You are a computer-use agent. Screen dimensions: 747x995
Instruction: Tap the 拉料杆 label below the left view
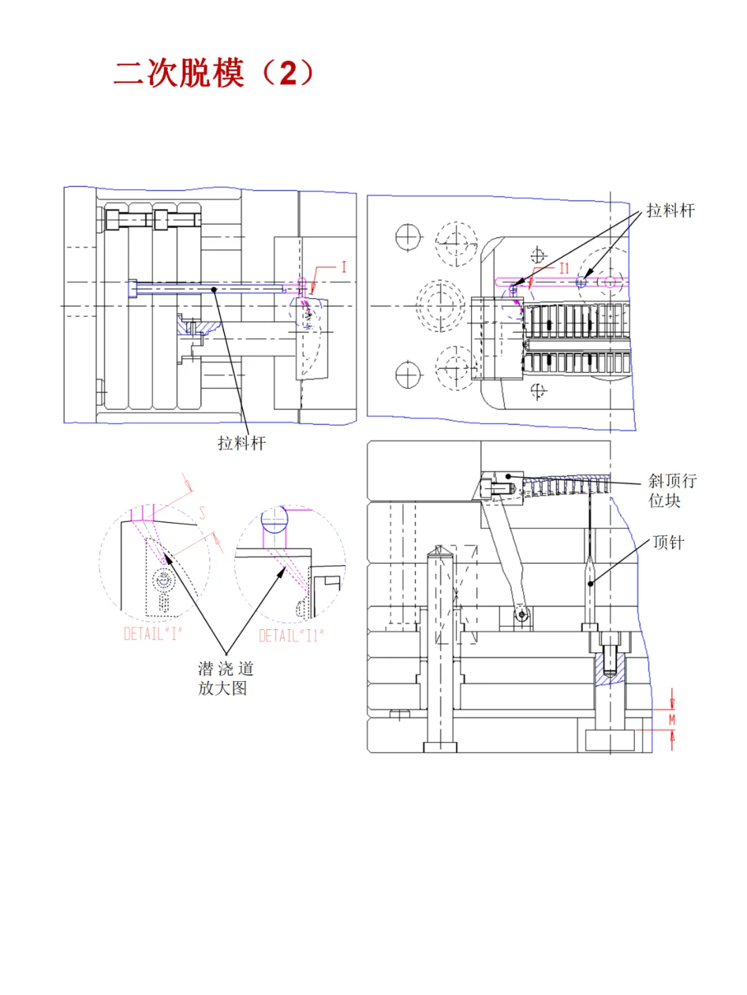click(241, 443)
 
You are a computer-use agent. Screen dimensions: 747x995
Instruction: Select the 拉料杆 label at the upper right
click(670, 210)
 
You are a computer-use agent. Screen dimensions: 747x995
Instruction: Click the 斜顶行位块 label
click(672, 490)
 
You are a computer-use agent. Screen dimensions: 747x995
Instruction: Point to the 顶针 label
click(667, 542)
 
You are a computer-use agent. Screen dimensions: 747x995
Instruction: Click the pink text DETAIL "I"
click(153, 633)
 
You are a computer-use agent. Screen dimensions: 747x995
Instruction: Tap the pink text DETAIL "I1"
click(291, 635)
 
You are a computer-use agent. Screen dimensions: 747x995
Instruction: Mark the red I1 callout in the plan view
click(564, 268)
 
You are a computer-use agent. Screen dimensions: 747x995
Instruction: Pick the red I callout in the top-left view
click(344, 267)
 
